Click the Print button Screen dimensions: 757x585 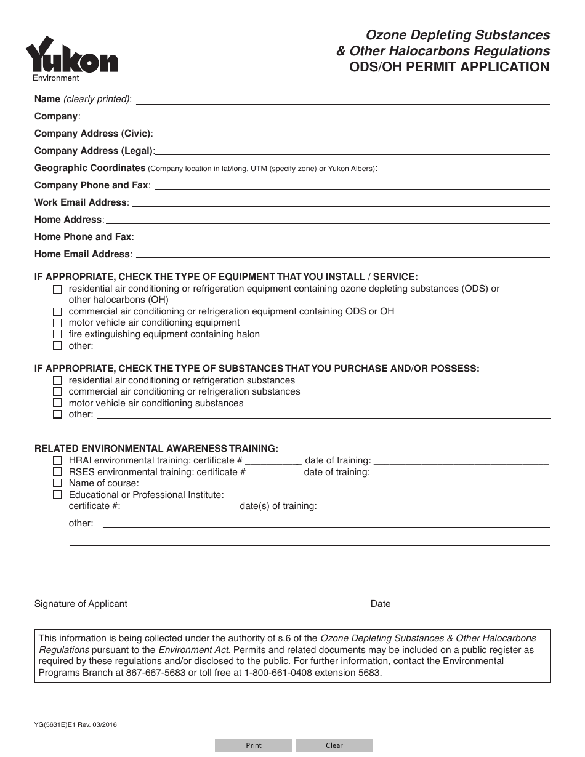pos(254,745)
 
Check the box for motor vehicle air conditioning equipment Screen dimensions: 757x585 pos(58,323)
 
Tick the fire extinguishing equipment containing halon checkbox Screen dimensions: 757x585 pos(58,334)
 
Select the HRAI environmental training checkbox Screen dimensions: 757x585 pos(58,460)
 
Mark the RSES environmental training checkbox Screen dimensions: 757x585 pos(58,472)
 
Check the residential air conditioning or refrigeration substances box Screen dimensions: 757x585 pos(58,380)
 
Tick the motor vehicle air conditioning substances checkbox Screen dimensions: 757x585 pos(58,403)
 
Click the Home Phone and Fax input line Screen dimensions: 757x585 pos(342,238)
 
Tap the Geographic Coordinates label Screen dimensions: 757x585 pos(90,168)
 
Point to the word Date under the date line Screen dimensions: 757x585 pos(381,604)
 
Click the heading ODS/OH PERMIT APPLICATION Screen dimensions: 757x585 pos(449,67)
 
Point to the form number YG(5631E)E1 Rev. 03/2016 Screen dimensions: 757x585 pos(76,724)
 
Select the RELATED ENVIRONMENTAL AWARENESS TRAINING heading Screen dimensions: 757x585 pos(156,449)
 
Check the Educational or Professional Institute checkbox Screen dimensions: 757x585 pos(58,494)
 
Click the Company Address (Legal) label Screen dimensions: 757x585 pos(94,151)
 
